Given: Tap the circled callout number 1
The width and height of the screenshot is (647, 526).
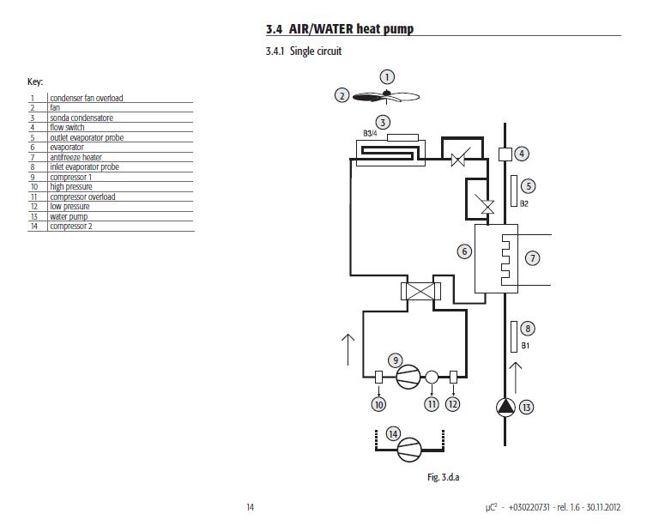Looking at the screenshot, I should click(387, 77).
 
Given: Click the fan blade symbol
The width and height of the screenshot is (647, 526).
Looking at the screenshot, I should click(386, 97).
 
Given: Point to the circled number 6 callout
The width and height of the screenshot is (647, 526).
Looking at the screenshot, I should click(464, 251).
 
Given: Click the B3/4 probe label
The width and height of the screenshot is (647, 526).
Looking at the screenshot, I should click(370, 134).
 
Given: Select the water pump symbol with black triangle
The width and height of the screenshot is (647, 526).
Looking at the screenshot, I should click(506, 408).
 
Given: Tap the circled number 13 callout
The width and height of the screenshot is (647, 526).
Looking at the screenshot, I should click(527, 408).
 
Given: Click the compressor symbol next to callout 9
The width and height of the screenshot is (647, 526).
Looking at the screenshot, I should click(409, 376).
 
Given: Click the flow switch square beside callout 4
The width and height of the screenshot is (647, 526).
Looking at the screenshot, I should click(505, 154).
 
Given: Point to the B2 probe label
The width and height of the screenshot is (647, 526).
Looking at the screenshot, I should click(523, 203).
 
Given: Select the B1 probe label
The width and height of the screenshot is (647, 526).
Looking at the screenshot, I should click(525, 346).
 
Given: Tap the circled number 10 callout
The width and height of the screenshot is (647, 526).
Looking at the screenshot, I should click(378, 404).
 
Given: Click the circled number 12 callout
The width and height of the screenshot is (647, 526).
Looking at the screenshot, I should click(453, 404).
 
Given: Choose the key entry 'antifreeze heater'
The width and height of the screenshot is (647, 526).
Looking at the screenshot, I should click(76, 157).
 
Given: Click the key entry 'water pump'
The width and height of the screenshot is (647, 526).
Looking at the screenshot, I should click(69, 216).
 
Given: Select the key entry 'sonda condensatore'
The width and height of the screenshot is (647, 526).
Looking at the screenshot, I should click(81, 118).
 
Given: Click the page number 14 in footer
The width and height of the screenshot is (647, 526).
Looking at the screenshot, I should click(251, 507).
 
